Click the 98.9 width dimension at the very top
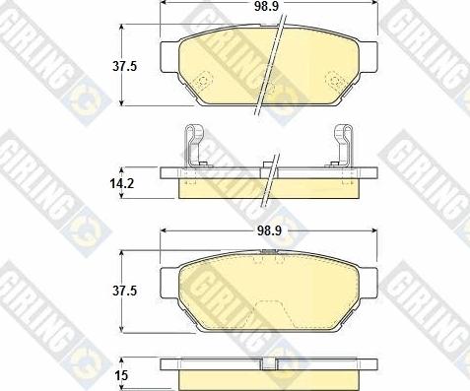(x=266, y=6)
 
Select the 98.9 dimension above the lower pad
(x=269, y=230)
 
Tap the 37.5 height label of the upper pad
(x=124, y=67)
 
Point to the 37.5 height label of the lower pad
(x=124, y=291)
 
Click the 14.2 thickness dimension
(x=122, y=183)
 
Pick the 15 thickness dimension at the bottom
(x=121, y=375)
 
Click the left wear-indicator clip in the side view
(x=194, y=145)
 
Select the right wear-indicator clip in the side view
(x=342, y=145)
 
